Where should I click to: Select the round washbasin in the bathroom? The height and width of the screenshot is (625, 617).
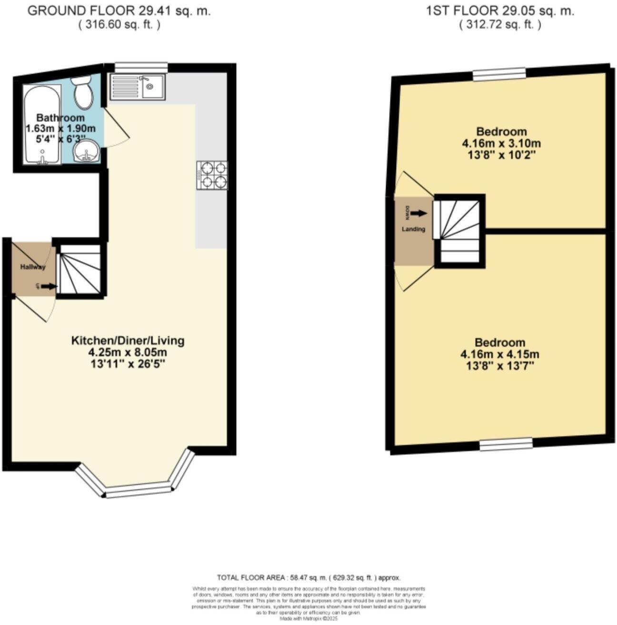pos(86,151)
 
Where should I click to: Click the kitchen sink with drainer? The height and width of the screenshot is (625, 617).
pos(137,87)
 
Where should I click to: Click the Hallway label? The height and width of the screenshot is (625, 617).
pos(33,267)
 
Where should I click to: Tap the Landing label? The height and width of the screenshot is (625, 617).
pos(413,229)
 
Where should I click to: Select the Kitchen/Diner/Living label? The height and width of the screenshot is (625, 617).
pos(128,341)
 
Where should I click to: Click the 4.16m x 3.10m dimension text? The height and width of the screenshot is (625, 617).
pos(501,143)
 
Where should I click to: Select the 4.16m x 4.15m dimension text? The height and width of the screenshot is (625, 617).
pos(500,354)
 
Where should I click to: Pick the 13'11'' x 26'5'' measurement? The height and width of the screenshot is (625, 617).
pos(127,364)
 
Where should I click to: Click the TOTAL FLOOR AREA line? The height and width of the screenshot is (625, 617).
pos(308,577)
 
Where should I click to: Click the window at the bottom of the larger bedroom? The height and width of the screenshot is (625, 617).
pos(506,444)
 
